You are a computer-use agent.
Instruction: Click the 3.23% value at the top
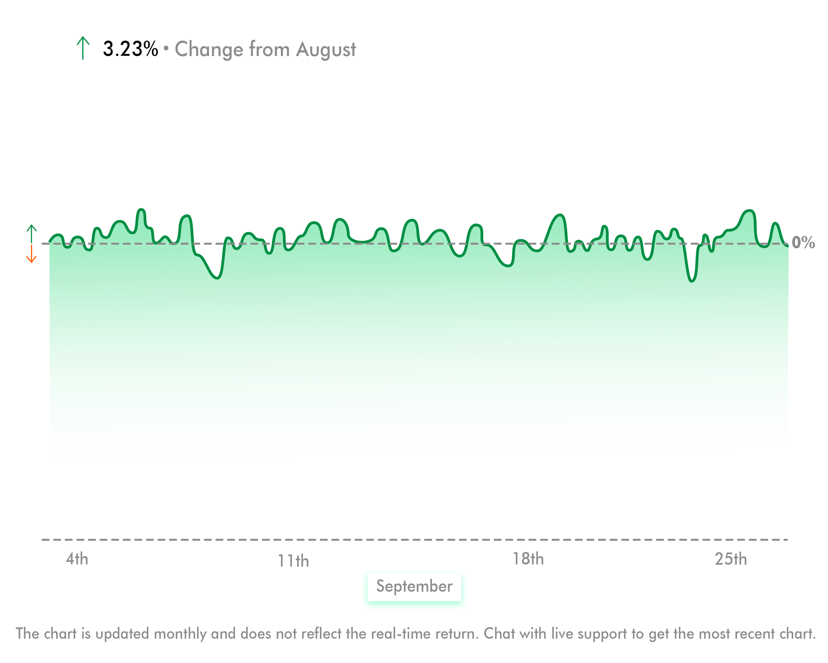[130, 49]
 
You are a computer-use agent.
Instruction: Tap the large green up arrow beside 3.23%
[83, 48]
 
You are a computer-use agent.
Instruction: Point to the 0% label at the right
[803, 243]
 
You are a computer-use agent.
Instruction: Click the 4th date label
[77, 559]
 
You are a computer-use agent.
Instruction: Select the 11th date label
[293, 561]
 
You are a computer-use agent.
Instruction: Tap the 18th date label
[528, 559]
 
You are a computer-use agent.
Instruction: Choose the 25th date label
[731, 559]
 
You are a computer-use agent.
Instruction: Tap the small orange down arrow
[31, 254]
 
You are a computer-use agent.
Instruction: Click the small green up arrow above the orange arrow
[31, 233]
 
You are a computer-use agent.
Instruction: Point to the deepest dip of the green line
[692, 281]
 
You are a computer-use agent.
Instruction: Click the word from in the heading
[269, 49]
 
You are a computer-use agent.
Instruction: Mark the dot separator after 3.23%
[166, 48]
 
